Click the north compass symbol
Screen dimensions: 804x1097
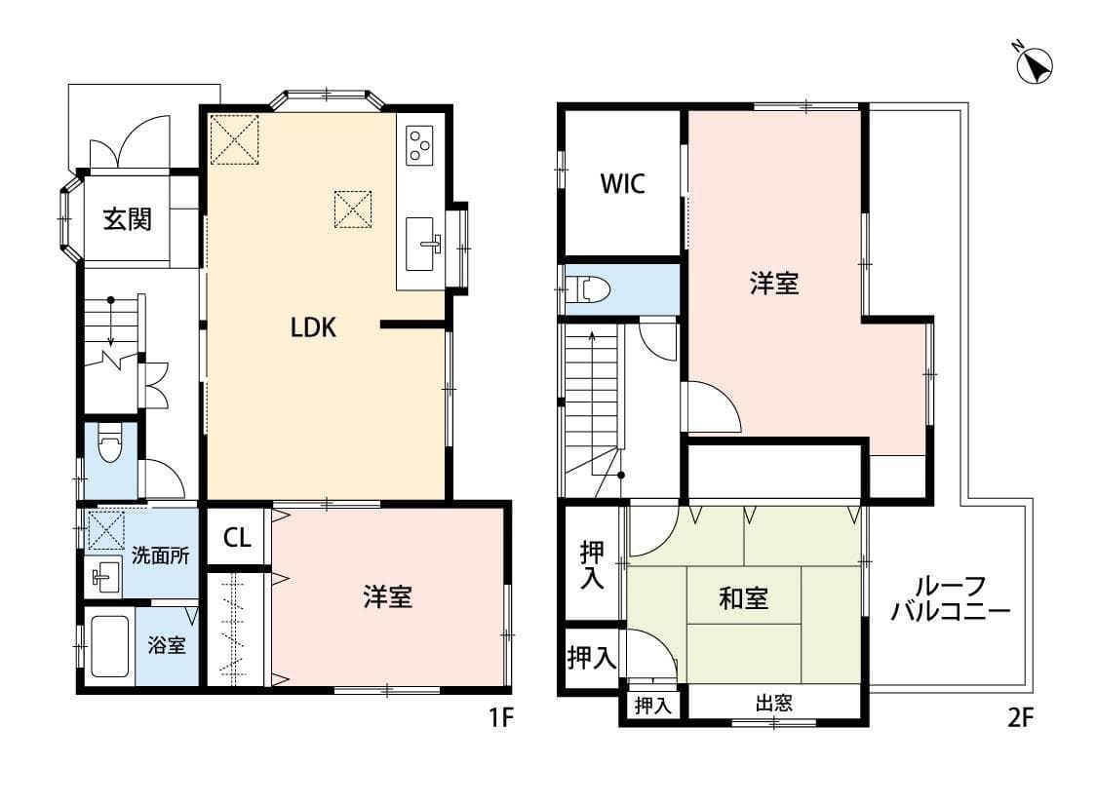[1035, 63]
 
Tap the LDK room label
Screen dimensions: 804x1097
[313, 328]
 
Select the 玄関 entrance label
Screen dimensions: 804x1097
[127, 220]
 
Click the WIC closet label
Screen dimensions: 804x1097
[621, 184]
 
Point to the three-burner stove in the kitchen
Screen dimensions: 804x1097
[420, 145]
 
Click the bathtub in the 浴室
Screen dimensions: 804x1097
[108, 644]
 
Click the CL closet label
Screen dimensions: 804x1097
[236, 538]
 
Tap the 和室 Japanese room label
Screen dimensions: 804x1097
[743, 599]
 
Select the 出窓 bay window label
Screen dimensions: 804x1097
[773, 703]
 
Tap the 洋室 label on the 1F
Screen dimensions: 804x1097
[388, 597]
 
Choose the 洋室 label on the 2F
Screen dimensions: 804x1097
[774, 284]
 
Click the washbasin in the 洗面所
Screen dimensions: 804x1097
[103, 578]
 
